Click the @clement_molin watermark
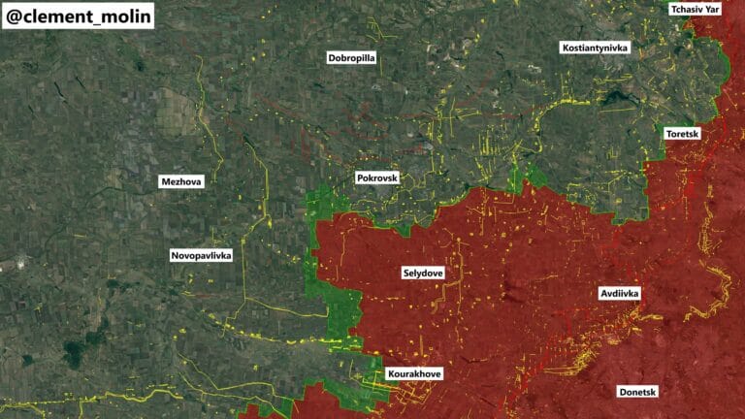(78, 16)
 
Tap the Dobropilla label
(351, 58)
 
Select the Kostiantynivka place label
(595, 48)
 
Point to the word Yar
(712, 9)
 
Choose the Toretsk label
(683, 133)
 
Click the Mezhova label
(182, 181)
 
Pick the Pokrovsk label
(377, 179)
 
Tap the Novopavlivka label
(201, 255)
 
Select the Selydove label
(422, 274)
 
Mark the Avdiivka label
(618, 293)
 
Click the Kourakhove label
(414, 373)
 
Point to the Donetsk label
(637, 392)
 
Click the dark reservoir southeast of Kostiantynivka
(615, 98)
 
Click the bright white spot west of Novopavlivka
(16, 263)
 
